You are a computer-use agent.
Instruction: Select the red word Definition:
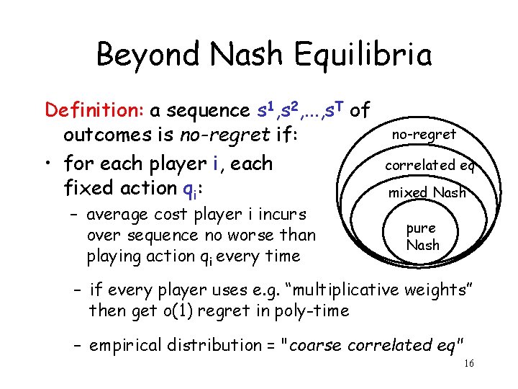pyautogui.click(x=95, y=110)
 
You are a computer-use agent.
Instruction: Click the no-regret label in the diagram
pyautogui.click(x=424, y=135)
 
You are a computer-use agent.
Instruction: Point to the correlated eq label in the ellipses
pyautogui.click(x=429, y=165)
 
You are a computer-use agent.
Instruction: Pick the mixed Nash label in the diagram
pyautogui.click(x=427, y=192)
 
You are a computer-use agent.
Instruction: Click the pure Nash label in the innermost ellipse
pyautogui.click(x=422, y=236)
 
